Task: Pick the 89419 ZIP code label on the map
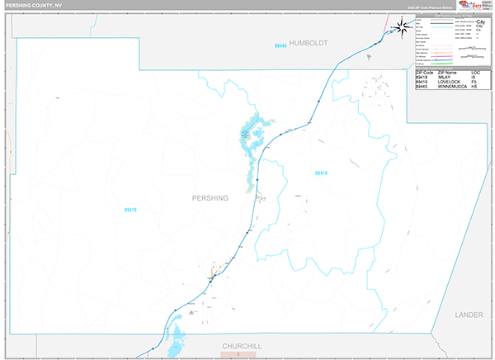coord(130,211)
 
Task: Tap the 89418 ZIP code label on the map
coord(321,173)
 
